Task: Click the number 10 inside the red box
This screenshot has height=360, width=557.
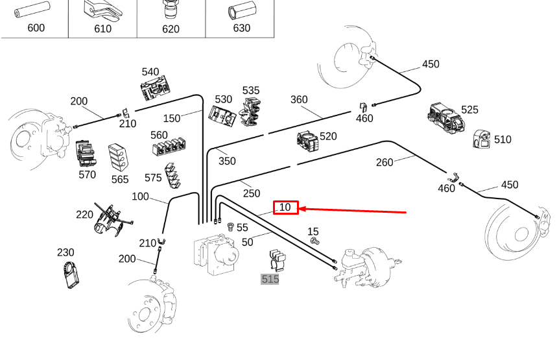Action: pyautogui.click(x=285, y=208)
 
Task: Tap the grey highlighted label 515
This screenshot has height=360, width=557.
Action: pyautogui.click(x=270, y=279)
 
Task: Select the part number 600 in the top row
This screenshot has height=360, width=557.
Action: pyautogui.click(x=36, y=28)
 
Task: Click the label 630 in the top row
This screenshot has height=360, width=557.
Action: pyautogui.click(x=241, y=28)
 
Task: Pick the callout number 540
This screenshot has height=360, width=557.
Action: pyautogui.click(x=150, y=72)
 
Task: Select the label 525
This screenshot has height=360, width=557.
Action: pyautogui.click(x=470, y=110)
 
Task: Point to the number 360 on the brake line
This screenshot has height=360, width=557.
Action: pyautogui.click(x=299, y=99)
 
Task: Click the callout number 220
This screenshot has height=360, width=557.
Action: pyautogui.click(x=84, y=215)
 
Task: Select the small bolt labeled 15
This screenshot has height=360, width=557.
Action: pyautogui.click(x=316, y=241)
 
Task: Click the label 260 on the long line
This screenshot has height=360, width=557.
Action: pyautogui.click(x=385, y=162)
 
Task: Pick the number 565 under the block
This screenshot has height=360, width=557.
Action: pyautogui.click(x=120, y=180)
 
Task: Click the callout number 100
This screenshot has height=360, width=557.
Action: pyautogui.click(x=140, y=197)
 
